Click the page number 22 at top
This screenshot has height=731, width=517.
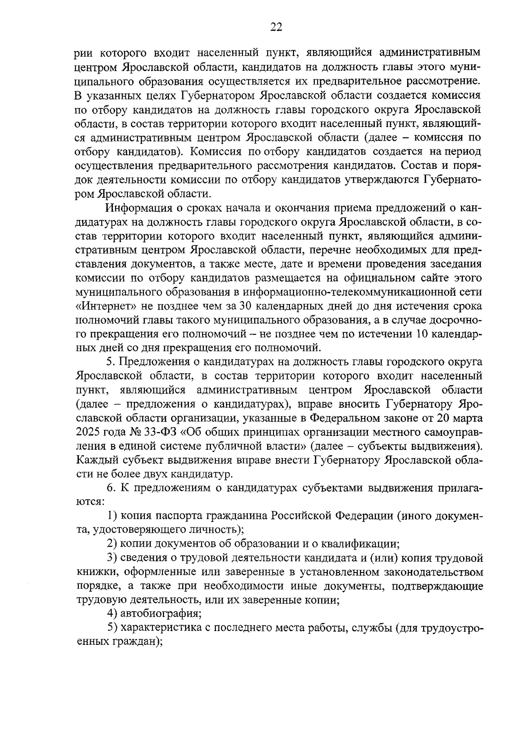tap(276, 28)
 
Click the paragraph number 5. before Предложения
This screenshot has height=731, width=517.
tap(112, 362)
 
